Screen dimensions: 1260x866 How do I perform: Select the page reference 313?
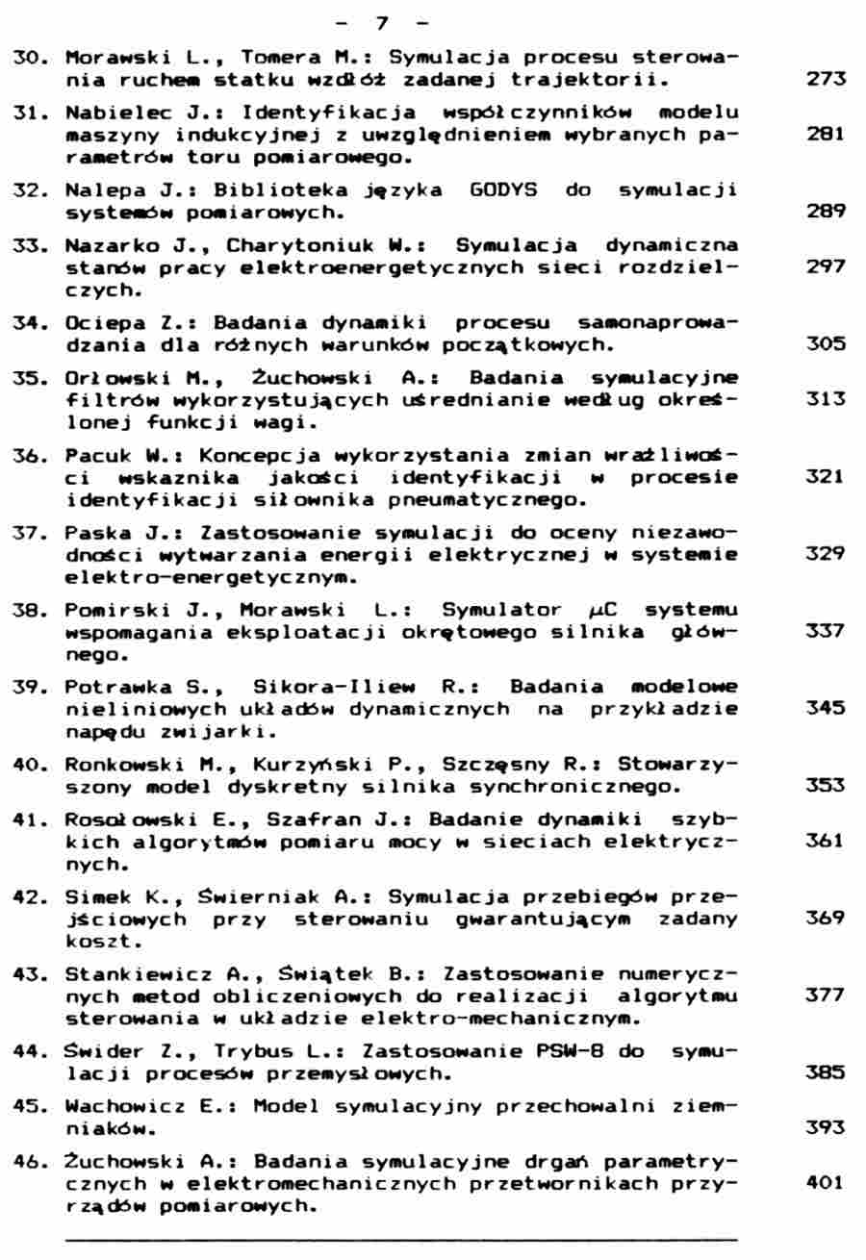click(x=826, y=399)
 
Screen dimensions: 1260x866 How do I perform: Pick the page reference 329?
click(x=826, y=554)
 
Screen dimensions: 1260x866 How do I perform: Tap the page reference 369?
click(x=826, y=919)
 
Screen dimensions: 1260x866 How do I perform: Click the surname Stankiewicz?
click(x=127, y=972)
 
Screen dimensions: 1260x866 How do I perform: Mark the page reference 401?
click(x=826, y=1181)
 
